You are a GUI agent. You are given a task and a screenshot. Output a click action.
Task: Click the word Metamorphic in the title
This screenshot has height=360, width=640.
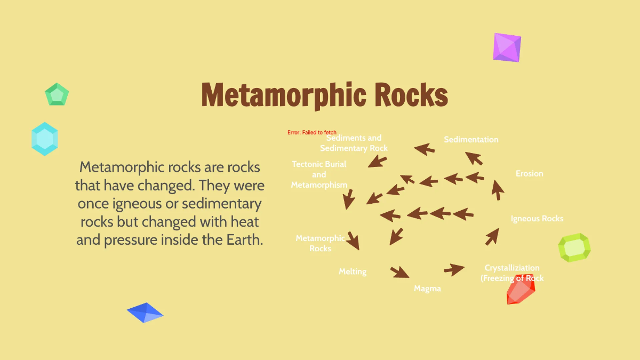point(284,95)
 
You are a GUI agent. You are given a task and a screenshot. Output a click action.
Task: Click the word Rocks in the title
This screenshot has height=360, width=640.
point(411,95)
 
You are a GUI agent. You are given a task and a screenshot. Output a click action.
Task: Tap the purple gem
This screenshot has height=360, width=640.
point(506,47)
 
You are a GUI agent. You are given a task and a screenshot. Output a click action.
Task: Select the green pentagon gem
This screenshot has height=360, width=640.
point(57,95)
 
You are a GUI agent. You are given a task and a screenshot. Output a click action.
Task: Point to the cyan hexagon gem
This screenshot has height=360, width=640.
point(44,139)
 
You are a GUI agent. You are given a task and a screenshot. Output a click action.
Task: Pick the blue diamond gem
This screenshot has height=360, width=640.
point(145,313)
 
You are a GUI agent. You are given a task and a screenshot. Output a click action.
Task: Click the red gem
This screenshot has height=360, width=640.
point(519,290)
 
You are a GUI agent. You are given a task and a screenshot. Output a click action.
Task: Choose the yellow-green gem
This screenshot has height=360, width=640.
point(574,247)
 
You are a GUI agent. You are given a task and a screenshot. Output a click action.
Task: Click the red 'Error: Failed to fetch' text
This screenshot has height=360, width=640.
point(312,132)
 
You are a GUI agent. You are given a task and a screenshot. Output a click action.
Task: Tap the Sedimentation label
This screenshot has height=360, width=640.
point(471,140)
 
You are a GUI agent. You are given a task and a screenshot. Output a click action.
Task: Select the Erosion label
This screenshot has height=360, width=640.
point(529,173)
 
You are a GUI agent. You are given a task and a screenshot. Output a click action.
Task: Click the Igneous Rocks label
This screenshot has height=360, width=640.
point(537,219)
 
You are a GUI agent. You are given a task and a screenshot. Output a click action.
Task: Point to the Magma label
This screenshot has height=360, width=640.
point(427,289)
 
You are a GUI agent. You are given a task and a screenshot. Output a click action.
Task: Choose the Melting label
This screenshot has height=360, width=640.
point(353,271)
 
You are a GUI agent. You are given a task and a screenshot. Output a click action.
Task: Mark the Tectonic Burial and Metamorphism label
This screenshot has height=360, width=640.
point(319,174)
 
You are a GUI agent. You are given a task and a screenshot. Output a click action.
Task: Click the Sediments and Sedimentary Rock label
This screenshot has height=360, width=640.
point(354,143)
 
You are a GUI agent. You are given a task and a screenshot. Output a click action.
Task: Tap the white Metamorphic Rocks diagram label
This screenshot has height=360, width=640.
point(320,243)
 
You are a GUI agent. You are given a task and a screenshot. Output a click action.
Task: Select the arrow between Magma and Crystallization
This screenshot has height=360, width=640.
point(454,269)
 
